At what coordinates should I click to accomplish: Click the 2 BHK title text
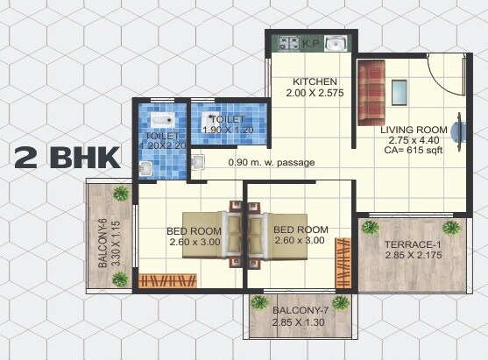[x=67, y=158]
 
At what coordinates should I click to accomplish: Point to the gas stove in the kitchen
[x=289, y=41]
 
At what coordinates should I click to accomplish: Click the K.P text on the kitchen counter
[x=311, y=42]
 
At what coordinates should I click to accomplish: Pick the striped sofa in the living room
[x=371, y=92]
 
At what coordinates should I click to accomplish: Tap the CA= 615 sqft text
[x=414, y=150]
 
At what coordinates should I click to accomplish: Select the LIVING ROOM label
[x=414, y=130]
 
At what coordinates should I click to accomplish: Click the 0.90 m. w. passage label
[x=271, y=162]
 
